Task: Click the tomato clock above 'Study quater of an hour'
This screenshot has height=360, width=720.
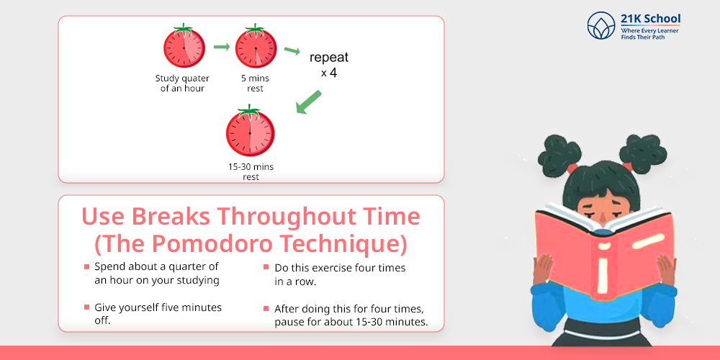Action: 184,46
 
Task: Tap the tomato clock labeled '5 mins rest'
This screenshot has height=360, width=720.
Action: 256,46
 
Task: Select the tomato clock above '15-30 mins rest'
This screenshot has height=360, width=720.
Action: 251,131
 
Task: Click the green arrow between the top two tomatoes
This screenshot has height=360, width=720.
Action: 221,46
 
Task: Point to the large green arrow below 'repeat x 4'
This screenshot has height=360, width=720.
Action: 308,102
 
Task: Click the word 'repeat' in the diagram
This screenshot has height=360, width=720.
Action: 329,58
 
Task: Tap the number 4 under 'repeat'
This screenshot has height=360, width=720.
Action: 333,73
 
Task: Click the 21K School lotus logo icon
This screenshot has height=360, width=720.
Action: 601,26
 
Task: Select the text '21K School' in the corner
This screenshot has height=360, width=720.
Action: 650,19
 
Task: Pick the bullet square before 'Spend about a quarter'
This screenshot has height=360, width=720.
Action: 87,267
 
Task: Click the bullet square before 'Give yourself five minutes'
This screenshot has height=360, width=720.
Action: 87,307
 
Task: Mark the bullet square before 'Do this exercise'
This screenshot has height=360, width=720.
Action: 266,267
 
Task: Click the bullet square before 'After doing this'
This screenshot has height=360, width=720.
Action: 266,309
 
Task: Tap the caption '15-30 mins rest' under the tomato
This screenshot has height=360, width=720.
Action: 251,172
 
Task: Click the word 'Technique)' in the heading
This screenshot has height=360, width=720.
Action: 345,244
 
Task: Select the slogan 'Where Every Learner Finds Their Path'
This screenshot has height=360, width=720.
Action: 649,34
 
